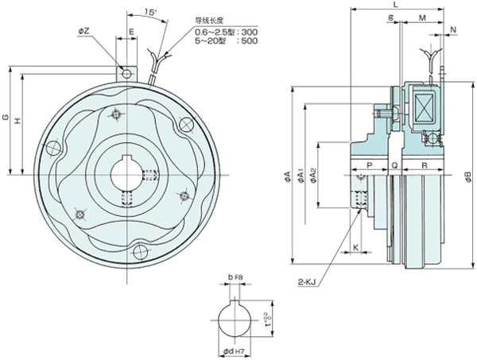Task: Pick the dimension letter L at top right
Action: pyautogui.click(x=395, y=6)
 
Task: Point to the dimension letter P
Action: pyautogui.click(x=368, y=165)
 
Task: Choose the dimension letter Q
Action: pyautogui.click(x=395, y=165)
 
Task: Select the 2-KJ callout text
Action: pyautogui.click(x=310, y=281)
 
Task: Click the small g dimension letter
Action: pyautogui.click(x=393, y=17)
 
